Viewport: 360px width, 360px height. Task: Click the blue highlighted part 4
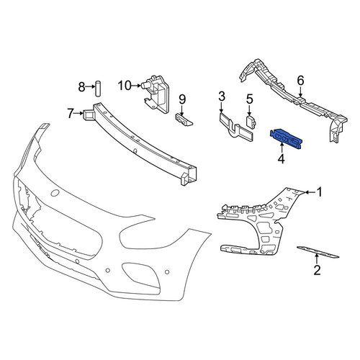pos(286,140)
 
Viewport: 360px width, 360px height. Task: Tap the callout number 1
pos(319,192)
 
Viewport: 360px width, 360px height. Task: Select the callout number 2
pos(317,270)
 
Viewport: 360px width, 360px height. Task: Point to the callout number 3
pos(222,96)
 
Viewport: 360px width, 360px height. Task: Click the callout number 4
pos(281,158)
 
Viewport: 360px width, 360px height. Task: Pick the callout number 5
pos(250,99)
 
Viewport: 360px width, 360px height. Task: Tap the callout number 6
pos(300,81)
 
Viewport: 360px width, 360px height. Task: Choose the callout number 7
pos(70,113)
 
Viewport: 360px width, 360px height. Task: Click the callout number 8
pos(81,87)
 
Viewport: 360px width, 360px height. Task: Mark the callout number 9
pos(182,99)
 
